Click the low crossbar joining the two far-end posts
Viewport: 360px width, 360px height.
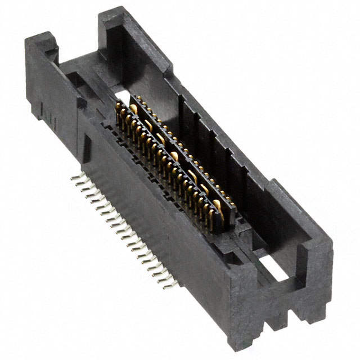click(84, 67)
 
